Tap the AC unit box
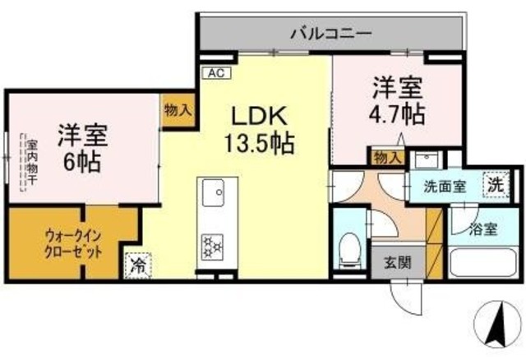[x=216, y=73]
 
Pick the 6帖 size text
[x=82, y=162]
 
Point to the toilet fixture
[x=351, y=247]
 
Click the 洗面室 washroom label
[x=444, y=186]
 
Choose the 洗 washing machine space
[x=496, y=183]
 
